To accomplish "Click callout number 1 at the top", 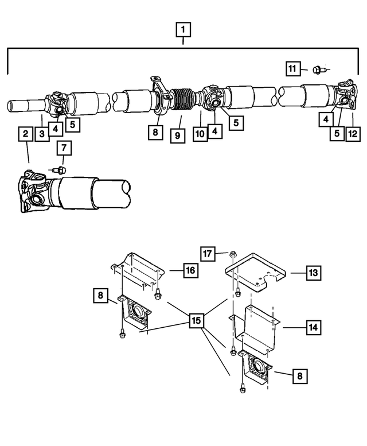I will tap(183, 29).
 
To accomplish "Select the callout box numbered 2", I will tap(25, 134).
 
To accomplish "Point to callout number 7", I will tap(64, 149).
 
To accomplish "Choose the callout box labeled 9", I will tap(178, 136).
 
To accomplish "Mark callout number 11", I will tap(294, 69).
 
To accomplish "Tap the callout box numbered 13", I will tap(313, 273).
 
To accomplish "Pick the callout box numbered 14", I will tap(313, 328).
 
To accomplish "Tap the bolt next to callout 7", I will tap(59, 170).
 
